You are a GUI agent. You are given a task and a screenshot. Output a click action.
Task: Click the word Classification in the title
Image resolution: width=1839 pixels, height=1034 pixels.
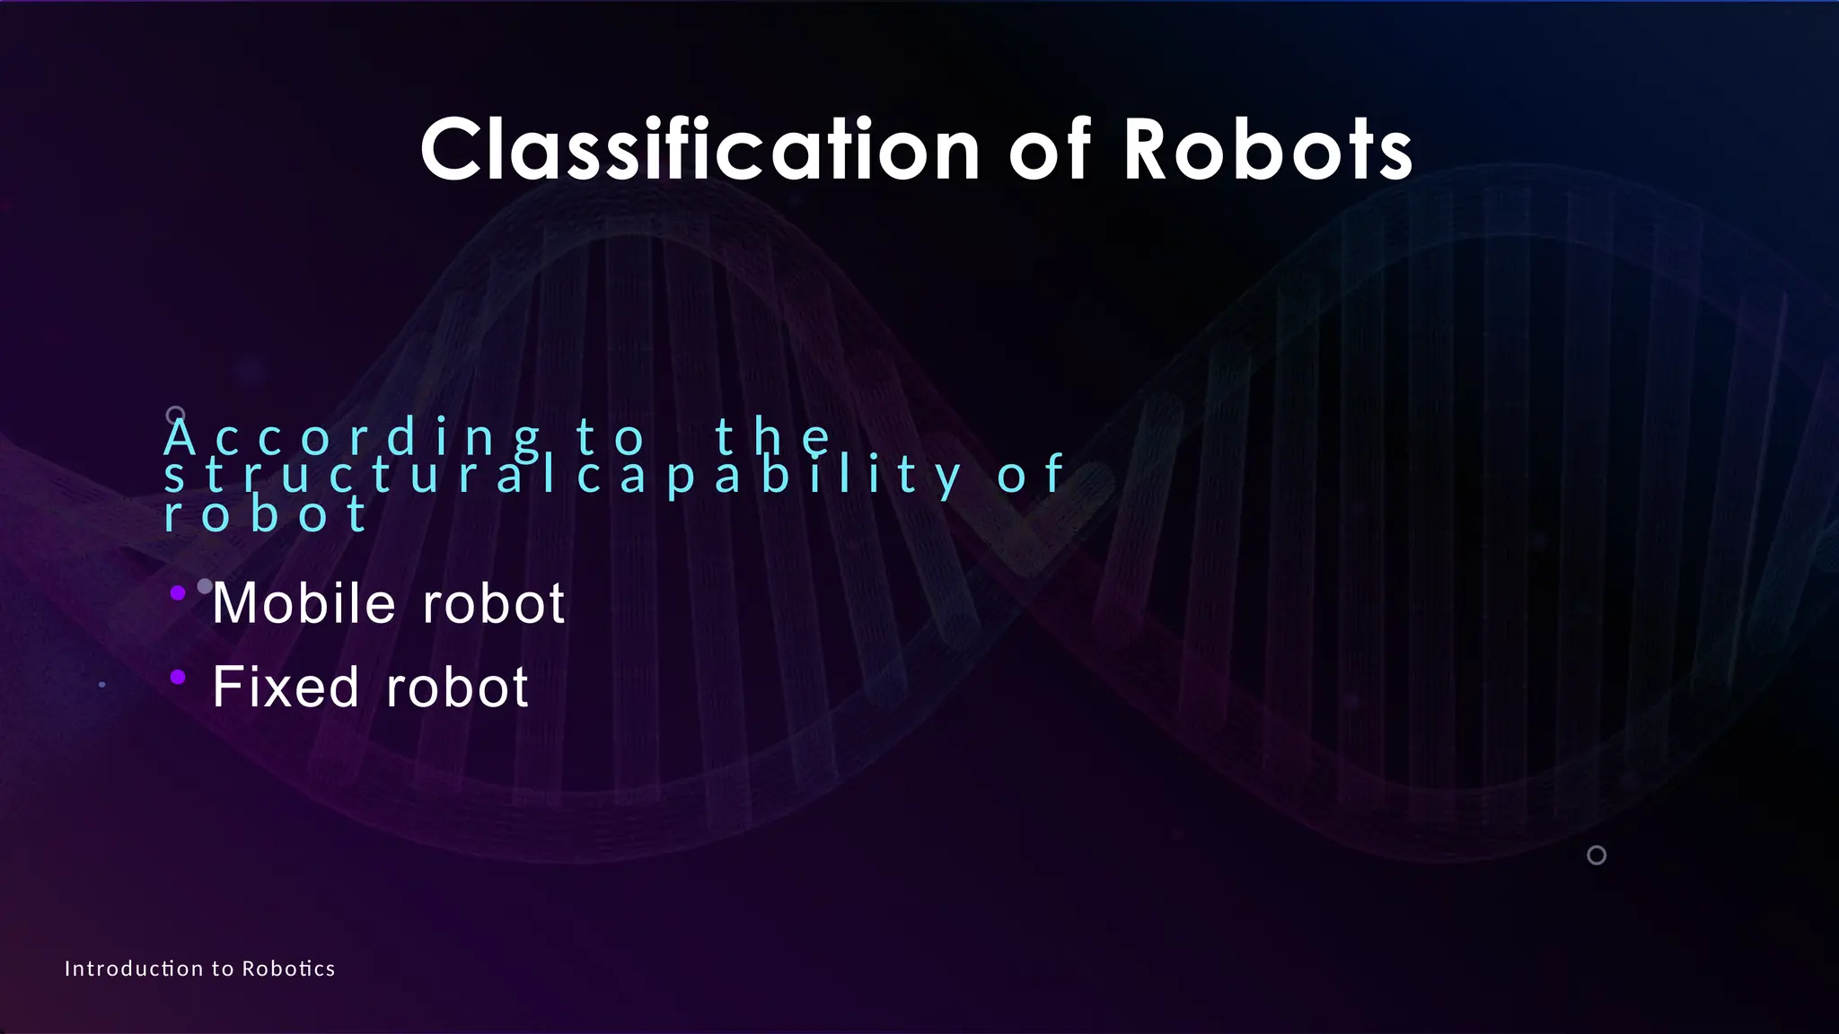[x=700, y=150]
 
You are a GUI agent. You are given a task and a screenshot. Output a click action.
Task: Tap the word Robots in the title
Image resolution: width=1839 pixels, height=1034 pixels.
[x=1268, y=150]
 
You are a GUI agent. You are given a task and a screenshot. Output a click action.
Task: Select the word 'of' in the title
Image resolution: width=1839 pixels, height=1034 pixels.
[x=1050, y=150]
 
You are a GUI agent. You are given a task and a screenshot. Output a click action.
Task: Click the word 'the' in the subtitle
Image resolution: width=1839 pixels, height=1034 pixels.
[x=773, y=437]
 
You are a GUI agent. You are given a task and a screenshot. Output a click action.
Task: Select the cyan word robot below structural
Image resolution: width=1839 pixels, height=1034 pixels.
[x=266, y=514]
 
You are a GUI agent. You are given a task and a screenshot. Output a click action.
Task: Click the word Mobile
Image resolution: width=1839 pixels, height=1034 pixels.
[x=304, y=603]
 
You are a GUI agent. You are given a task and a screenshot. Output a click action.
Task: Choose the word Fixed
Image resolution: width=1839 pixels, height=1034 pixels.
[x=286, y=688]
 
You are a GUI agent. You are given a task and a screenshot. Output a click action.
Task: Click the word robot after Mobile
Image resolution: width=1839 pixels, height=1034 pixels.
[x=493, y=603]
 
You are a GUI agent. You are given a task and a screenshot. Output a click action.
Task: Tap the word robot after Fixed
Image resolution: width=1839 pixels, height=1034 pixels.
[x=457, y=688]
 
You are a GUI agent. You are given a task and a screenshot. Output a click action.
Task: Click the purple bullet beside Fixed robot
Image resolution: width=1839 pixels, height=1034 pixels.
[x=178, y=677]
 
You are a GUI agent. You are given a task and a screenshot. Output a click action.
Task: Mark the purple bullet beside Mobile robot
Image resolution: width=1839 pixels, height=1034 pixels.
[x=178, y=592]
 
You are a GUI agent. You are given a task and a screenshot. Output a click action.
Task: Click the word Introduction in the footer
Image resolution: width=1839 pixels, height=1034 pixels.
[x=134, y=968]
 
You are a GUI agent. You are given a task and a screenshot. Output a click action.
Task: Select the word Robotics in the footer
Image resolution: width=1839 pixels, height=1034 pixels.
[x=288, y=968]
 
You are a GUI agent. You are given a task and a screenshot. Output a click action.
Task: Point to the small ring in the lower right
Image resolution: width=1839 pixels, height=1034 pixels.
[x=1597, y=855]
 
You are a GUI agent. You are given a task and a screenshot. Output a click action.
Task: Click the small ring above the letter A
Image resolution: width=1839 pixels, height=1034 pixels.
[x=175, y=415]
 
